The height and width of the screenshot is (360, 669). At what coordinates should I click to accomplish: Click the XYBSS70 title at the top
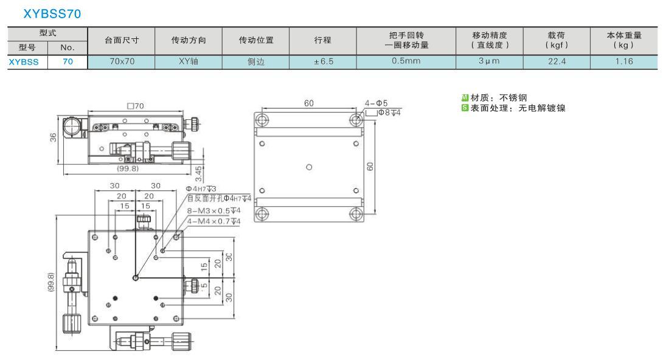(x=52, y=13)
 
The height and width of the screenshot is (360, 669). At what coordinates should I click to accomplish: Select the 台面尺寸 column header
(x=122, y=40)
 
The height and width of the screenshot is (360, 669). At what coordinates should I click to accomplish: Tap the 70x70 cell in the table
(x=122, y=61)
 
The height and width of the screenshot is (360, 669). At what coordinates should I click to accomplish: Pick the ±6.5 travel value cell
(x=323, y=61)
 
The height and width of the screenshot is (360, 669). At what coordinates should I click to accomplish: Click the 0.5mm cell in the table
(x=406, y=61)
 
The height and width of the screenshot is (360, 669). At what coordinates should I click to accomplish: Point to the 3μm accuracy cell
(x=489, y=61)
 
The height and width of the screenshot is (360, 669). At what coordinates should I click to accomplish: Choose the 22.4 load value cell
(x=556, y=61)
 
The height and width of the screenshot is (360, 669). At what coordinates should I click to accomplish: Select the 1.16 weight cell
(x=624, y=61)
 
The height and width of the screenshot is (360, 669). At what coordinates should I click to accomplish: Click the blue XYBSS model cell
(x=24, y=62)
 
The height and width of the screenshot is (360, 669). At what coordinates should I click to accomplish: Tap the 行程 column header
(x=322, y=40)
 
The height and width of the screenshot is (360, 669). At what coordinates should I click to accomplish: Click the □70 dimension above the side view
(x=136, y=106)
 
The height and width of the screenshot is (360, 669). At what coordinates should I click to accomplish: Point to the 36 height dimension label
(x=53, y=137)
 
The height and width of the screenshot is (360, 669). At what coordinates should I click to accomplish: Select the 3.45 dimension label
(x=198, y=173)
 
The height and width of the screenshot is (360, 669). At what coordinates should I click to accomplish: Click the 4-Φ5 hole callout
(x=376, y=103)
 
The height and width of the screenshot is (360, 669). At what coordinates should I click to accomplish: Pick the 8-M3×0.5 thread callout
(x=213, y=211)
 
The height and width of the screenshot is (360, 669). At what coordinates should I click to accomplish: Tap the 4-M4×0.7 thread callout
(x=213, y=221)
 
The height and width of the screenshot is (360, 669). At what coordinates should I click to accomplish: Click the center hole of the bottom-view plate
(x=309, y=167)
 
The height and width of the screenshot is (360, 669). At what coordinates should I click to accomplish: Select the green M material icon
(x=465, y=98)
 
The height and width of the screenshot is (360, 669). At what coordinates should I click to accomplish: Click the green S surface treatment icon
(x=465, y=108)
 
